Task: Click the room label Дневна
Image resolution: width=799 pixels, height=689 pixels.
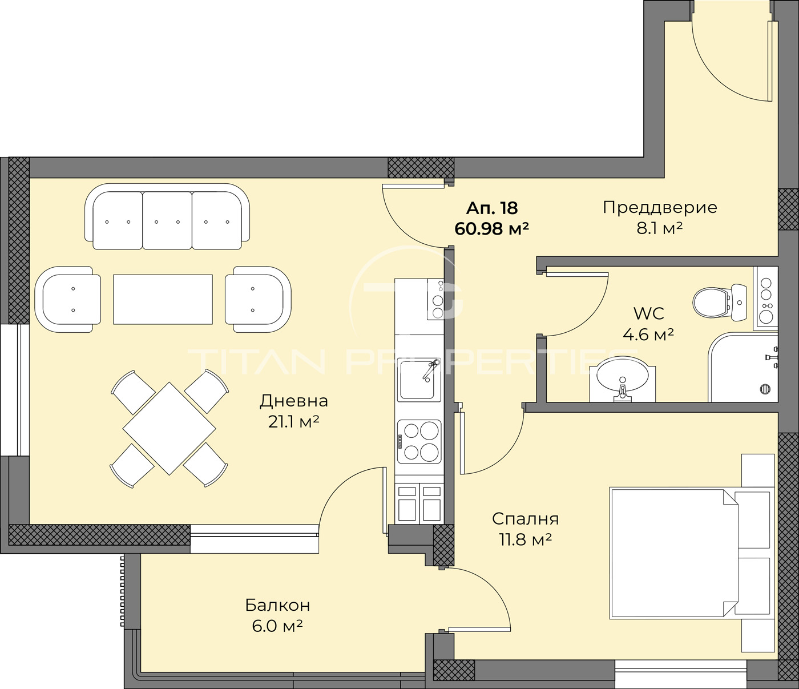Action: (x=293, y=401)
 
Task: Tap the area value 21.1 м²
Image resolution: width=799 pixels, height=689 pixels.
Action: (x=293, y=422)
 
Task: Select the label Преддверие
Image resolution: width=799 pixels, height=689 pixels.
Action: (x=660, y=207)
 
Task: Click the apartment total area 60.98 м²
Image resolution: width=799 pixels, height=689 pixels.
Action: (x=491, y=229)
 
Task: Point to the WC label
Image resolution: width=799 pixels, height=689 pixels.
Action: (x=649, y=313)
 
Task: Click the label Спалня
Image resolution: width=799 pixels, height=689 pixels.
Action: (x=525, y=519)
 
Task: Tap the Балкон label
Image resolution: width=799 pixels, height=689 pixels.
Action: (x=277, y=605)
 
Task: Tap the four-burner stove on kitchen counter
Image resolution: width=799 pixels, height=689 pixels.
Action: (x=419, y=441)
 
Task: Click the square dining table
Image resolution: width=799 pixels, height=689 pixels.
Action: (x=169, y=428)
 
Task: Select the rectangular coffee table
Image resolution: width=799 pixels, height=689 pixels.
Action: (x=163, y=299)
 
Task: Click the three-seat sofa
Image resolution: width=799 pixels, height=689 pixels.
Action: (x=167, y=217)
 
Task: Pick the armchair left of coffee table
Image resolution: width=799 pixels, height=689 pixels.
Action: (x=68, y=299)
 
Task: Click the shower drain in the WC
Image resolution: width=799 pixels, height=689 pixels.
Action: (x=765, y=389)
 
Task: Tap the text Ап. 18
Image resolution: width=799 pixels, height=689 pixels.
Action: (x=491, y=208)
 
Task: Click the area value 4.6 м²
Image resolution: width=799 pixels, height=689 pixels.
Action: (x=648, y=335)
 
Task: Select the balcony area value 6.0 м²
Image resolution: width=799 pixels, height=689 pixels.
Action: (x=277, y=626)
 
